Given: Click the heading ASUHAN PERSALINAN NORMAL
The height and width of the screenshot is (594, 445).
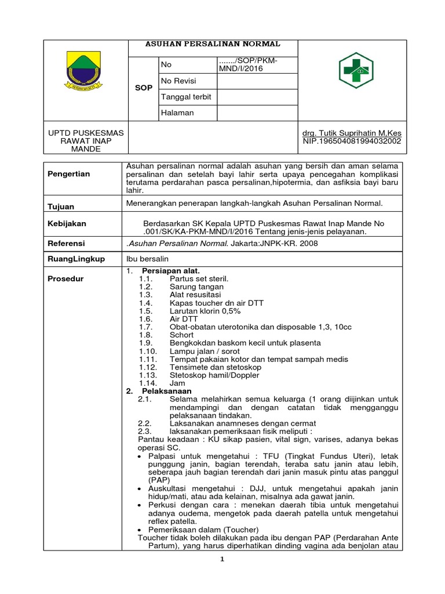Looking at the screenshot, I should coord(212,44).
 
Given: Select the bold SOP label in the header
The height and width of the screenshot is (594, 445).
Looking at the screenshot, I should coord(143,88).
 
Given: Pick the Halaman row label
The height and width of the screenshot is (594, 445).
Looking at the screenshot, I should coord(177,113).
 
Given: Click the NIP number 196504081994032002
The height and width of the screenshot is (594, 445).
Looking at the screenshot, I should coord(352,141).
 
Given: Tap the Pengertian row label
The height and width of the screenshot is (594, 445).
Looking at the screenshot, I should coord(69,174).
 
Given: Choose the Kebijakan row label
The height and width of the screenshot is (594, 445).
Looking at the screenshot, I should coord(67,223).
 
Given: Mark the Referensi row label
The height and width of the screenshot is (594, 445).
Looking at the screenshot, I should coord(66,243).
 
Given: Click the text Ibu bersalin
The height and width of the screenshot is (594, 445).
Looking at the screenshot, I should coord(147,259).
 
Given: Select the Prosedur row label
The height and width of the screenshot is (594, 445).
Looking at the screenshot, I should coord(65,278).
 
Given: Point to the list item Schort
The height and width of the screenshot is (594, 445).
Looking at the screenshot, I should coord(181,335).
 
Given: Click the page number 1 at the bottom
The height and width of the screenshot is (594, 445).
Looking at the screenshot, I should coord(221,559).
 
